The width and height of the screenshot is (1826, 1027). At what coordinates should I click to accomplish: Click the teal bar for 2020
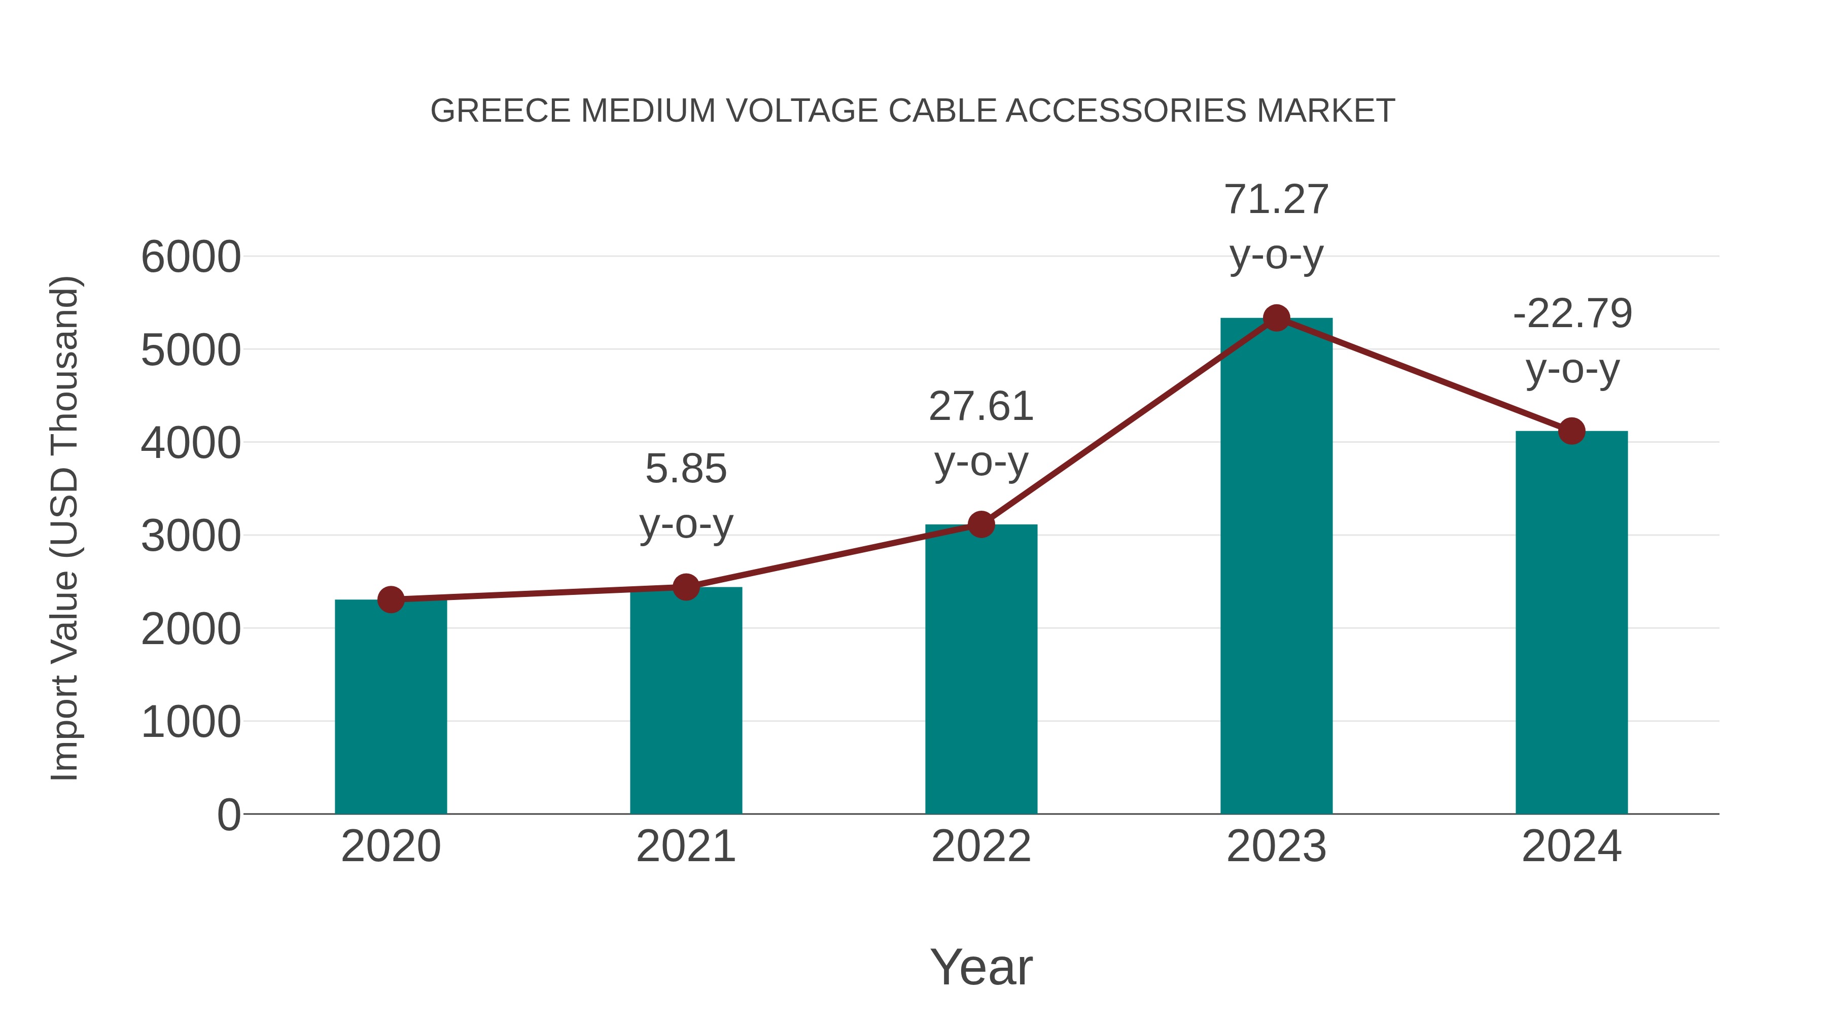[x=391, y=709]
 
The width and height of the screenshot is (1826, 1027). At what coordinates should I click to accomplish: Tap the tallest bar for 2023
[x=1276, y=567]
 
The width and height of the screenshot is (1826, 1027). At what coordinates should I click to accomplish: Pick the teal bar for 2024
[x=1571, y=624]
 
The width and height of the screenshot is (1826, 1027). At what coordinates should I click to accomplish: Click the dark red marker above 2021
[x=685, y=587]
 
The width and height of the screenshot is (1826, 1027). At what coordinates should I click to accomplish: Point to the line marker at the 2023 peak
[x=1276, y=318]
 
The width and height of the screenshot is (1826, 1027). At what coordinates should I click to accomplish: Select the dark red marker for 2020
[x=391, y=599]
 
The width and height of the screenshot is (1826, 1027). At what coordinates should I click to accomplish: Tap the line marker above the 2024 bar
[x=1571, y=430]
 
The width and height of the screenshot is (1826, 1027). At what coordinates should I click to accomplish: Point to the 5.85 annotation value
[x=685, y=469]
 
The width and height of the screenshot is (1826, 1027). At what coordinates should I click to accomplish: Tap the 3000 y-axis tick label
[x=191, y=536]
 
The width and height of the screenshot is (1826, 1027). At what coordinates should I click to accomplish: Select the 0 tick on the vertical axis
[x=228, y=814]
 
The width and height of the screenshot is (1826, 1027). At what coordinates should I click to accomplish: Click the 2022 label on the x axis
[x=981, y=846]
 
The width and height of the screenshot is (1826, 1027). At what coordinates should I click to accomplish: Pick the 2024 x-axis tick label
[x=1571, y=846]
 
